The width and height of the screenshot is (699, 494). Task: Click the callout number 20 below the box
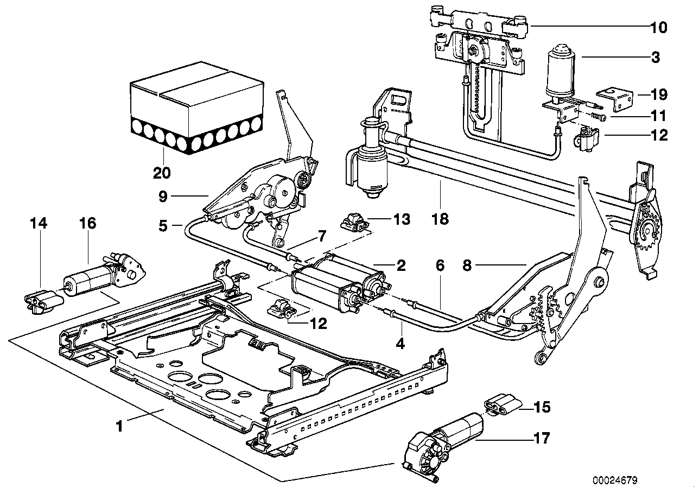[x=162, y=173]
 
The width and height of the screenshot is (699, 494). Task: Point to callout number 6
[x=440, y=265]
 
